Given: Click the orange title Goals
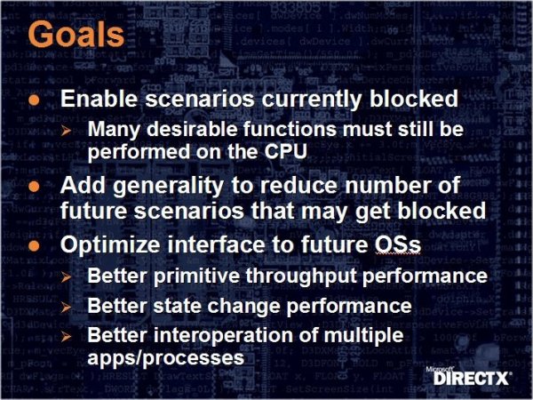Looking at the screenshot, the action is pyautogui.click(x=76, y=34).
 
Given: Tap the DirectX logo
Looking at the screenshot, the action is pyautogui.click(x=469, y=376).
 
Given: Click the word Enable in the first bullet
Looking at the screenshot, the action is pyautogui.click(x=99, y=99).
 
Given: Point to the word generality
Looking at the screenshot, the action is pyautogui.click(x=168, y=187).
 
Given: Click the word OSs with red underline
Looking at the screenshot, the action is pyautogui.click(x=398, y=244).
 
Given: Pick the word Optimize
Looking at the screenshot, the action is pyautogui.click(x=110, y=245).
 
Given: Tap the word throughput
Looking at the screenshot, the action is pyautogui.click(x=301, y=276).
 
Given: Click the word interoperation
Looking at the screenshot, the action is pyautogui.click(x=223, y=335).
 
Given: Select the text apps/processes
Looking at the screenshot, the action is pyautogui.click(x=166, y=358).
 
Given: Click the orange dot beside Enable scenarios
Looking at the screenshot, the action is pyautogui.click(x=35, y=100).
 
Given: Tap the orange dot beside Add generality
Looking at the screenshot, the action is pyautogui.click(x=35, y=187).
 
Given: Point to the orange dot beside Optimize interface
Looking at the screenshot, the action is pyautogui.click(x=35, y=245).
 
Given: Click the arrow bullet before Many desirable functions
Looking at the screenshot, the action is pyautogui.click(x=67, y=131).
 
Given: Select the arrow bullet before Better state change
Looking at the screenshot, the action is pyautogui.click(x=67, y=308).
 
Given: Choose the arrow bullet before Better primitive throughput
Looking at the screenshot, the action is pyautogui.click(x=67, y=277).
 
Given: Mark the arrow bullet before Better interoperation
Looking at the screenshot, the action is pyautogui.click(x=67, y=337).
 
